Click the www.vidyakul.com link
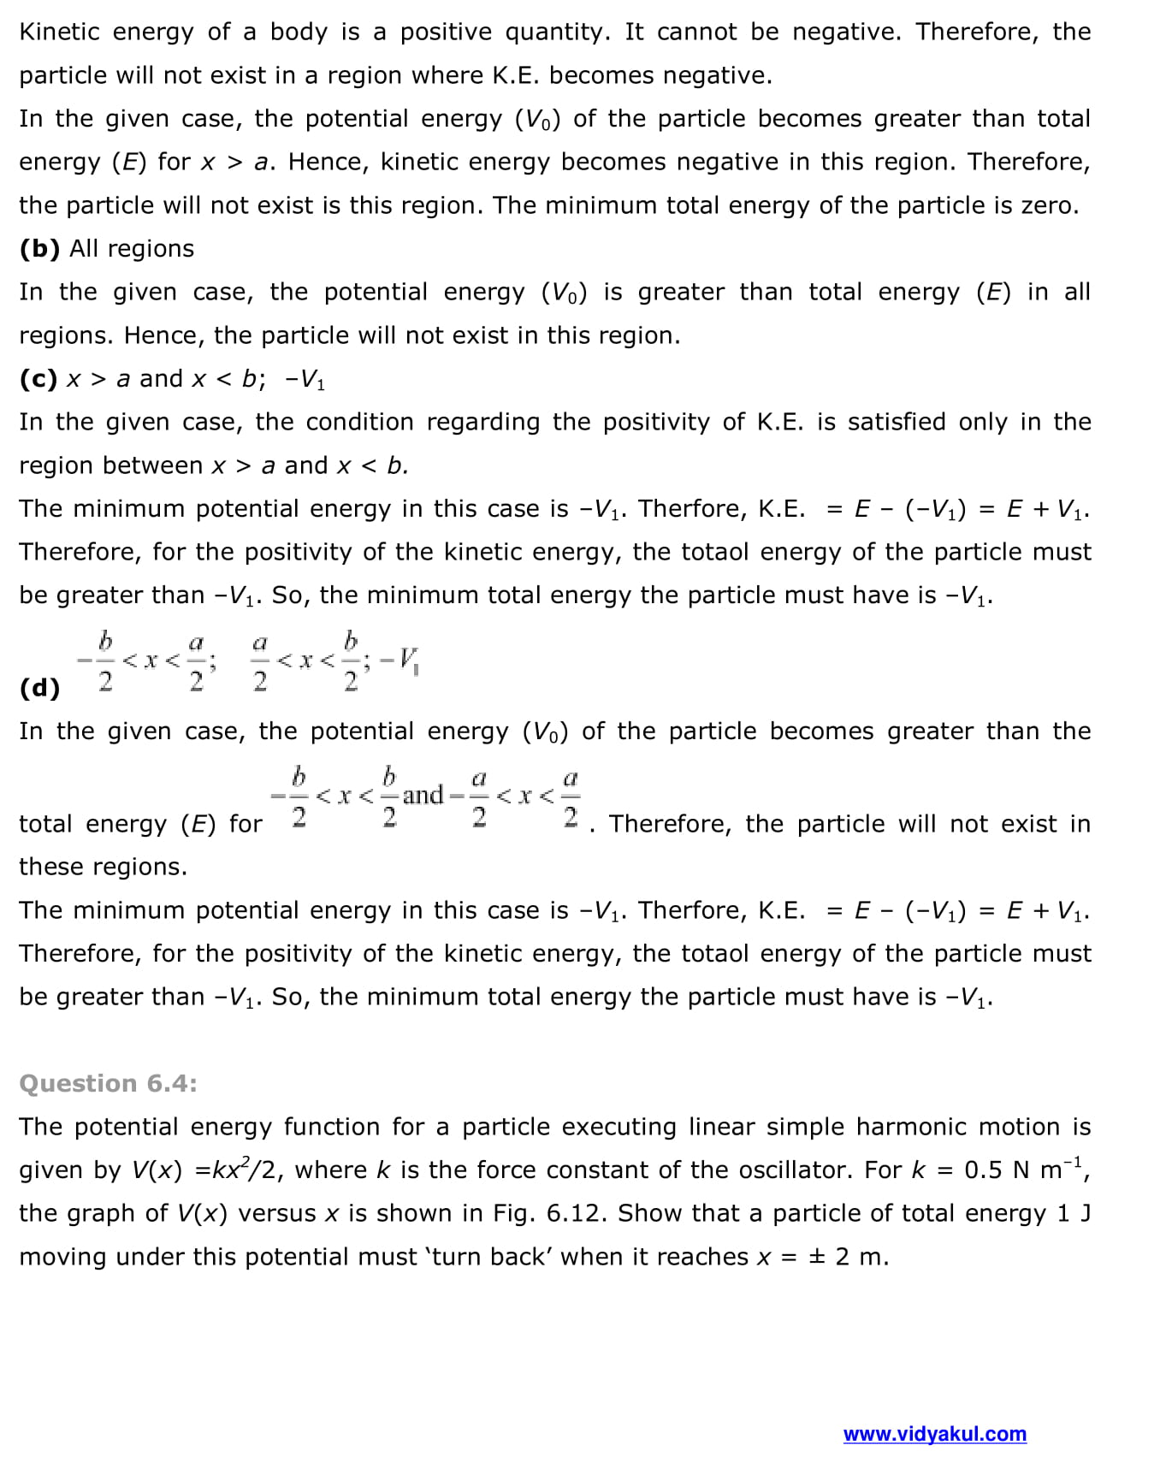(x=934, y=1434)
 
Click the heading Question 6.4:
(x=108, y=1083)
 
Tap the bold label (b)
(x=39, y=249)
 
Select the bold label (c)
(x=38, y=379)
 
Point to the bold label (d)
(x=39, y=688)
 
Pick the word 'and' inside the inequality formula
(x=423, y=795)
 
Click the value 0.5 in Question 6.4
(x=983, y=1170)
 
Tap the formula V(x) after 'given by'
(x=157, y=1170)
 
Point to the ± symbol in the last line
(x=817, y=1257)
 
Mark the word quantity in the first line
(x=556, y=33)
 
